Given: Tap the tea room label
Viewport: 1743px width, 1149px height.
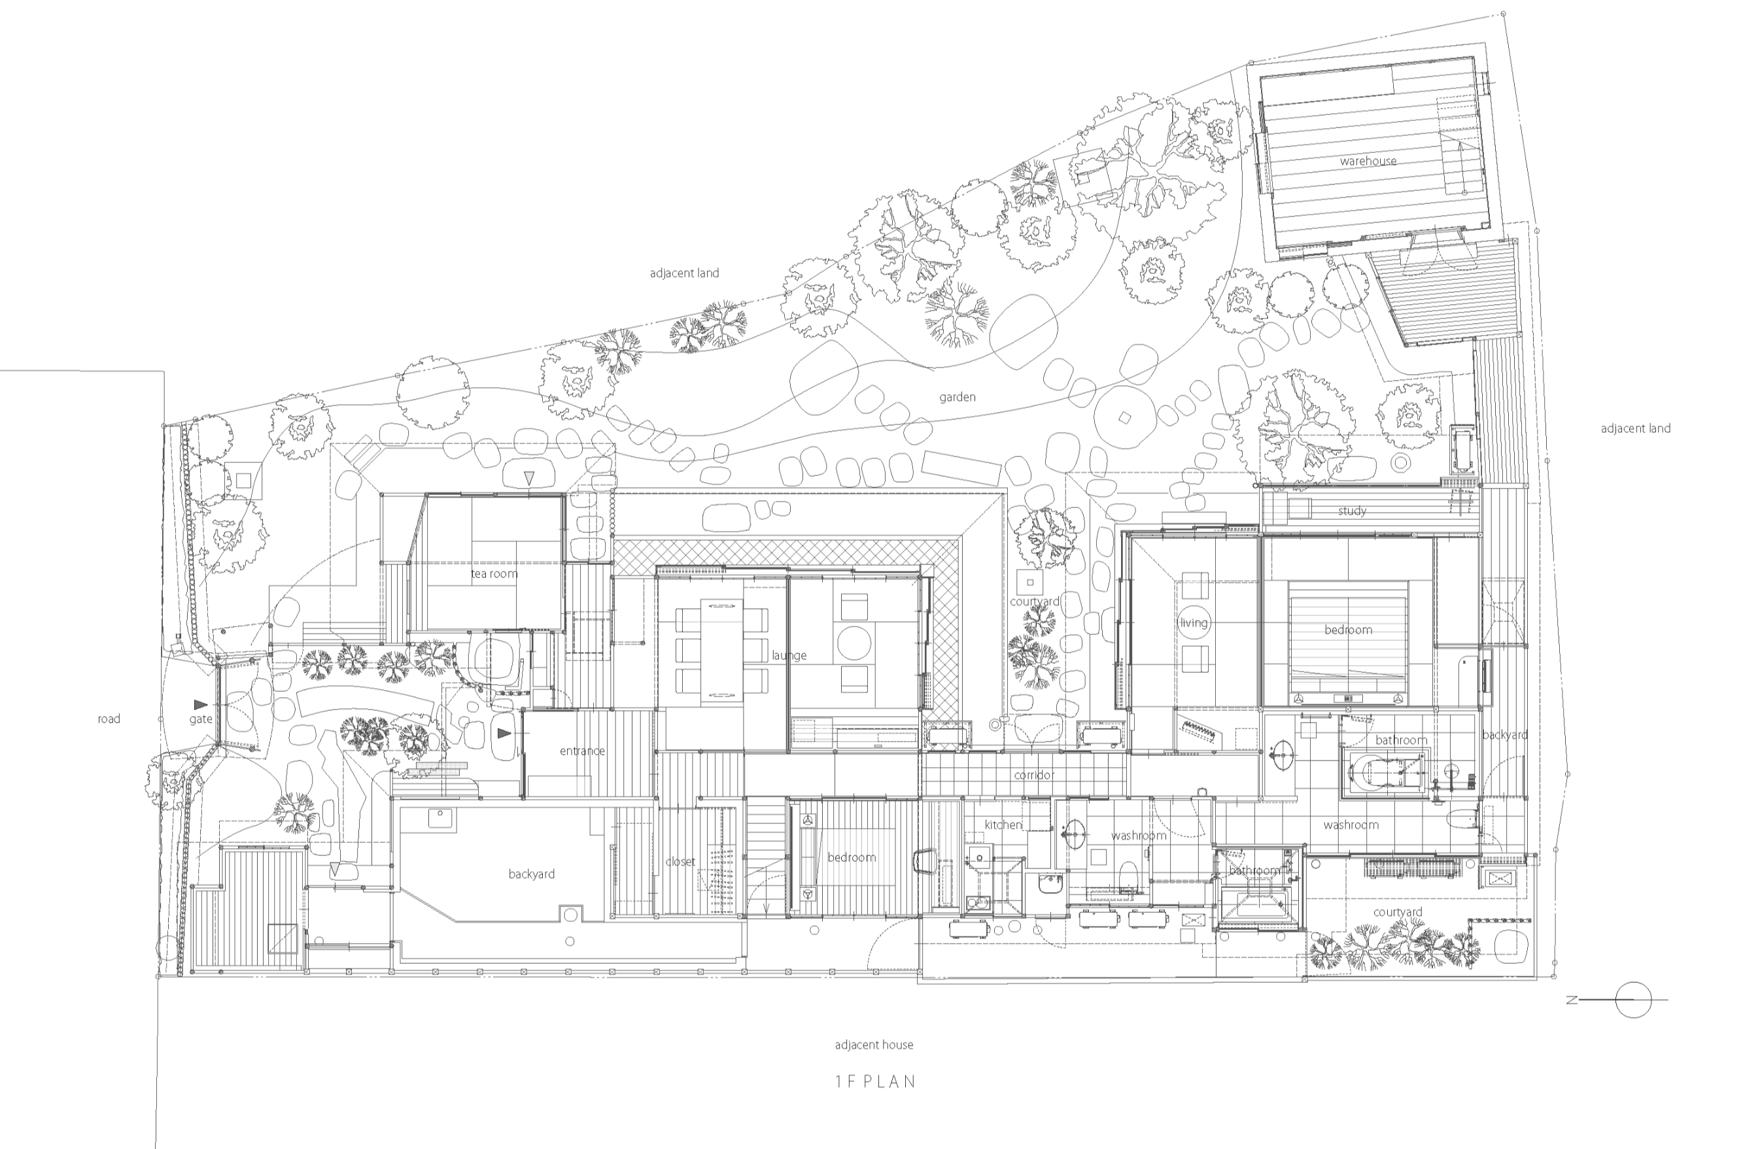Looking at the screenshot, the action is pos(494,574).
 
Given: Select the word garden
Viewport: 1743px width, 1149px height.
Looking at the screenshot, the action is pos(957,397).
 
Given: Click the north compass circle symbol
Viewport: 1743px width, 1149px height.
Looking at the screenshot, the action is pos(1633,999).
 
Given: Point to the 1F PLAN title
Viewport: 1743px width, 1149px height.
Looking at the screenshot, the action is pos(876,1082).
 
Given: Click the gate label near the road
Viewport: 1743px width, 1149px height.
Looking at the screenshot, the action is pos(201,719).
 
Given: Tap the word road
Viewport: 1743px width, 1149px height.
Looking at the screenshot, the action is pos(109,719).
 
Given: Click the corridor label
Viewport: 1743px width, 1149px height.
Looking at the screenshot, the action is pos(1034,774).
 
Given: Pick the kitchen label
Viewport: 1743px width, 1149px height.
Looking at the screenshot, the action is pos(1003,825).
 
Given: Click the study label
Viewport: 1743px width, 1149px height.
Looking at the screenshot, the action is pos(1352,511).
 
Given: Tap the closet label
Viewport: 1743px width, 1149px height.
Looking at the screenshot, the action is pos(680,862).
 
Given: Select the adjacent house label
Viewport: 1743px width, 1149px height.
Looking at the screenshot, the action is pos(874,1045).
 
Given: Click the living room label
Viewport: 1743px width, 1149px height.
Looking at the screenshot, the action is pos(1194,623).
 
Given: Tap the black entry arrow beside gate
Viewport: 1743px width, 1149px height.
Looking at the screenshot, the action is pos(201,705).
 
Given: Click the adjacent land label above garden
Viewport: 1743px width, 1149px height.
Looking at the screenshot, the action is pos(684,273).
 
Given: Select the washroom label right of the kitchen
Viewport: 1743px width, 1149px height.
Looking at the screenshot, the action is pos(1139,835).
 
